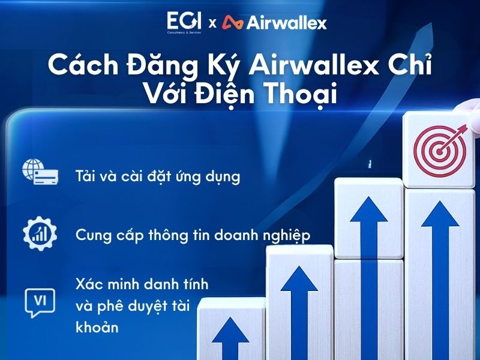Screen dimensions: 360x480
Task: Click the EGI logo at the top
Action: click(x=185, y=22)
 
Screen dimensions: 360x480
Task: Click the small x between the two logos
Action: click(x=212, y=24)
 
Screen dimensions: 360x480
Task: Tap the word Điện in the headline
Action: click(x=225, y=96)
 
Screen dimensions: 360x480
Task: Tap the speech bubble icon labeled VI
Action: click(x=40, y=302)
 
